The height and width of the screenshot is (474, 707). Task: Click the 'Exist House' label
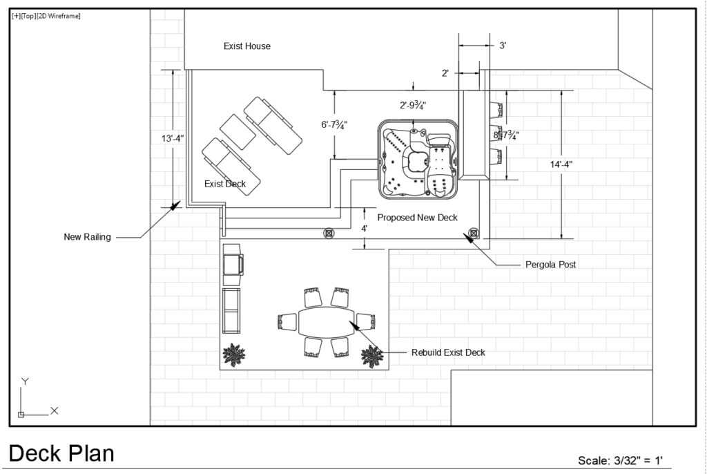247,46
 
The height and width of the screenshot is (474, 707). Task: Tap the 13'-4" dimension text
173,138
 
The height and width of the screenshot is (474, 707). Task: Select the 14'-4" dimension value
561,164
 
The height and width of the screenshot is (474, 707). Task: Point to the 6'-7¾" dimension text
334,124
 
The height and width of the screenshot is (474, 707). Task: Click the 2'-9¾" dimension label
413,105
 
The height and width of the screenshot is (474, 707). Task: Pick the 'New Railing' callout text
88,237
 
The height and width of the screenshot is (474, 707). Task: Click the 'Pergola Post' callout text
550,265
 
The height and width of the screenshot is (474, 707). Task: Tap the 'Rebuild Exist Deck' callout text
448,352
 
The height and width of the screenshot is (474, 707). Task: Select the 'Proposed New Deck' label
418,218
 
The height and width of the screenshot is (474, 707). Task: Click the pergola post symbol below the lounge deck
329,233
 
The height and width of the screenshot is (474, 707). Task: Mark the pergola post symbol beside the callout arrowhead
474,233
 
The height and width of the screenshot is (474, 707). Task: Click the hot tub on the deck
418,160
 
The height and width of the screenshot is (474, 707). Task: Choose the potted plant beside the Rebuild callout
372,356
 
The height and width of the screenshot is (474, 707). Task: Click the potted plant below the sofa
234,355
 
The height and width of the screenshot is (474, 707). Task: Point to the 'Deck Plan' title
61,454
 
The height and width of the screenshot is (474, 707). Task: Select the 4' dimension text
365,229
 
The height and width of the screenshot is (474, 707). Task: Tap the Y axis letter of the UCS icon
26,381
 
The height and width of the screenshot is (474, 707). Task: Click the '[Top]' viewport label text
28,17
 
